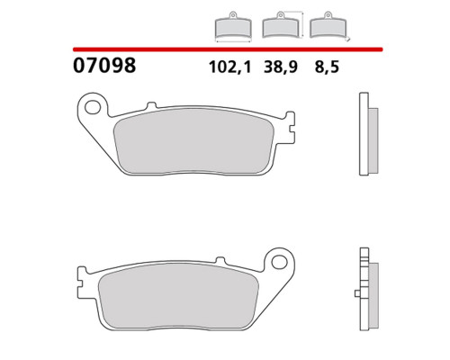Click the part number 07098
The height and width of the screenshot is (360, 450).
tap(104, 66)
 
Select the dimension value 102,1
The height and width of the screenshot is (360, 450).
tap(229, 67)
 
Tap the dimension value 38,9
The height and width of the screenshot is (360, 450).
tap(281, 67)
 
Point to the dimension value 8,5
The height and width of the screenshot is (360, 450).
tap(327, 67)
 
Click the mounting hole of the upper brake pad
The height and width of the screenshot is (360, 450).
tap(92, 107)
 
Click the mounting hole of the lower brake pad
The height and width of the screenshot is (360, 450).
tap(279, 262)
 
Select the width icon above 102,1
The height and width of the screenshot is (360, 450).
tap(233, 27)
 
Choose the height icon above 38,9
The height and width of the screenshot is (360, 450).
tap(283, 25)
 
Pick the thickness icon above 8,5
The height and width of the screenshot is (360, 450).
tap(329, 26)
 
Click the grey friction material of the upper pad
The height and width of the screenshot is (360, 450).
tap(195, 141)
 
